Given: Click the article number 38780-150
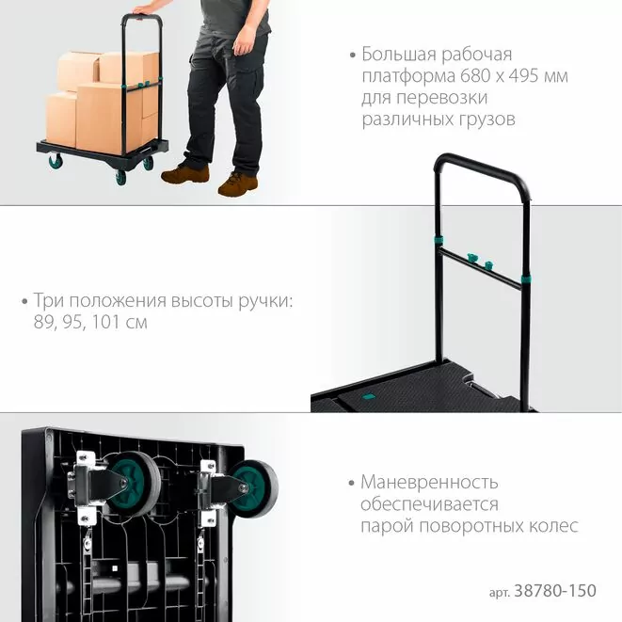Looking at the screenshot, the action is click(x=555, y=591).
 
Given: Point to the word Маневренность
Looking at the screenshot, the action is click(x=429, y=483).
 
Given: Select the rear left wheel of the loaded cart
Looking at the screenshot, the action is click(x=56, y=161).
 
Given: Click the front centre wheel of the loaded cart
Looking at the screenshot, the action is click(x=120, y=178).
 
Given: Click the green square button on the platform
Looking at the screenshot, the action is click(x=369, y=396).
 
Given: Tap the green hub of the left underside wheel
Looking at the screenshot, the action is click(x=127, y=485).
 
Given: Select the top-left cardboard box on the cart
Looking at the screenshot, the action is click(x=78, y=72).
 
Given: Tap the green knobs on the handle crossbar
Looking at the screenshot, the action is click(x=480, y=261).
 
